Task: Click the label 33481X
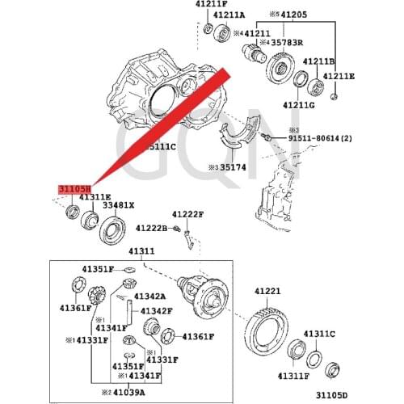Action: click(118, 206)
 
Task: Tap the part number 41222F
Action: click(188, 215)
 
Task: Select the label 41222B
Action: click(151, 229)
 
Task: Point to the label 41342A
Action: click(149, 297)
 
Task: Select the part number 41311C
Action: click(319, 333)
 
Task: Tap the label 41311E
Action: click(73, 196)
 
